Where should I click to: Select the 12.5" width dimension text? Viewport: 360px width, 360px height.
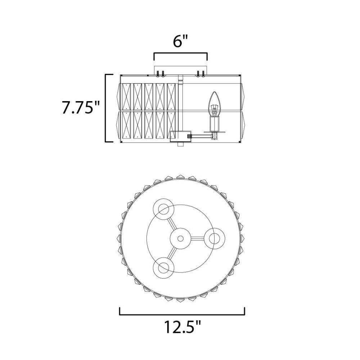click(182, 327)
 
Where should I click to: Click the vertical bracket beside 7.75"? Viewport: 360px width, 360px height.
click(106, 108)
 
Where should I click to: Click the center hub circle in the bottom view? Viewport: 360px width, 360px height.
click(180, 239)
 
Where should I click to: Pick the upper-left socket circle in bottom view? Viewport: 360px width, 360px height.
click(163, 209)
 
